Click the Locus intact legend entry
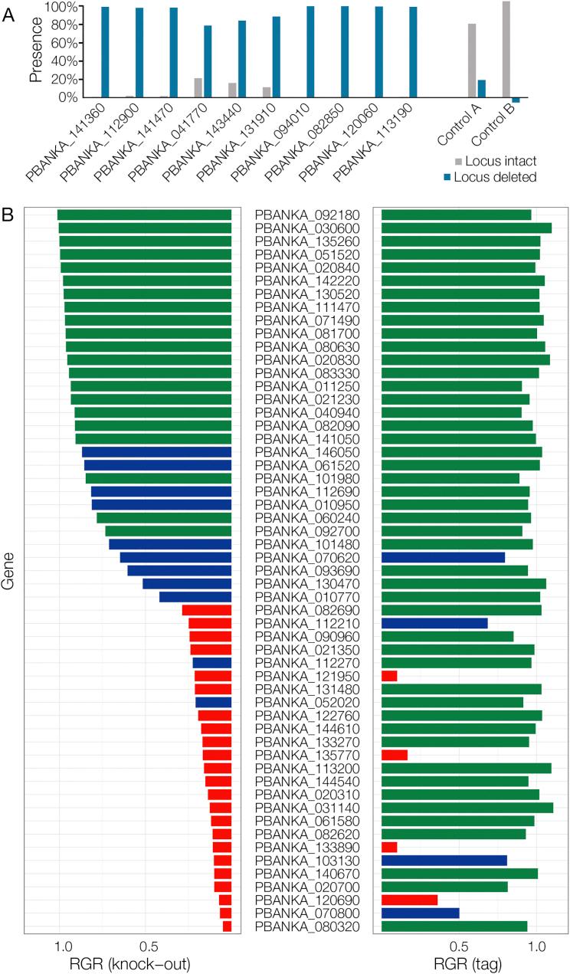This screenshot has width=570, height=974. coord(496,162)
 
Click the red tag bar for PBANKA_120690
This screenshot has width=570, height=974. coord(409,900)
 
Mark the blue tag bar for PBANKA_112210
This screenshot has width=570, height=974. coord(434,623)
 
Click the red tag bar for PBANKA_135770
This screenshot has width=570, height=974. coord(395,755)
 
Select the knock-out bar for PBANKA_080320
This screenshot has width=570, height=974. coord(227,926)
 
